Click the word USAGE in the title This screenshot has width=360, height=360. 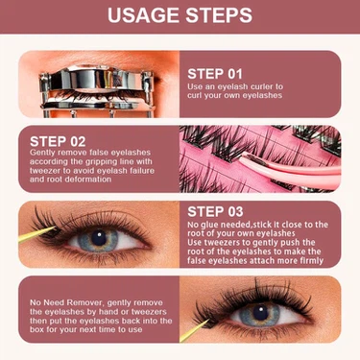click(x=143, y=15)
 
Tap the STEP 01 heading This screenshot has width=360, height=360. click(x=215, y=74)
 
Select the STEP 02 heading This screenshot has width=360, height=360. click(x=58, y=141)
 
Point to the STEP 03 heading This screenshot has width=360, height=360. click(x=215, y=211)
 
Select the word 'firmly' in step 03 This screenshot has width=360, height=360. click(x=311, y=261)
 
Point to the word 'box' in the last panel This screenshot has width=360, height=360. click(x=37, y=329)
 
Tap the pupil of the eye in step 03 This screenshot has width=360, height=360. click(x=99, y=238)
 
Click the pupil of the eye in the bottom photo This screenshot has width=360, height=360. click(x=261, y=313)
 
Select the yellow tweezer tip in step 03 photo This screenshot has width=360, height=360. click(x=37, y=234)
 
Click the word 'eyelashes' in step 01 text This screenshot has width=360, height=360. click(x=262, y=95)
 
